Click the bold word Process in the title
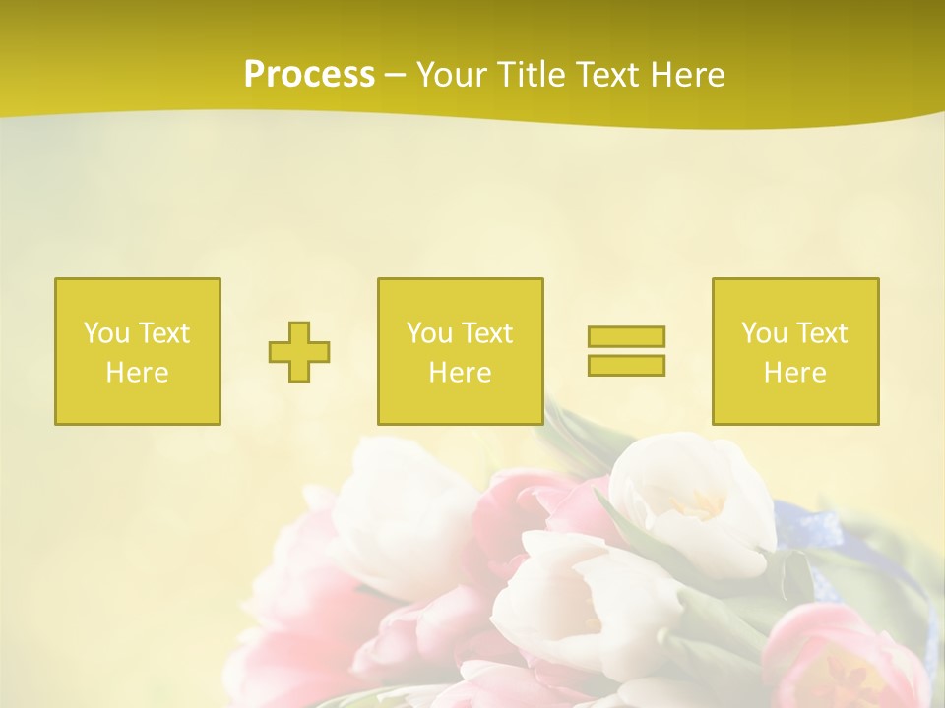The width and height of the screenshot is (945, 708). tap(309, 75)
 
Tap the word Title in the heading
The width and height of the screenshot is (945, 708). tap(532, 75)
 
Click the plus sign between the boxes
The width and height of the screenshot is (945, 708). tap(299, 352)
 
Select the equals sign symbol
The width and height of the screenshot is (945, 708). tap(626, 351)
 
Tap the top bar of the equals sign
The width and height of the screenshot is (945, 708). tap(626, 337)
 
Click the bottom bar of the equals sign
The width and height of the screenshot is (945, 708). tap(626, 365)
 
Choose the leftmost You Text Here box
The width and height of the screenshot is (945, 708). tap(138, 351)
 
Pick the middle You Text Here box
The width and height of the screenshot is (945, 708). tap(460, 351)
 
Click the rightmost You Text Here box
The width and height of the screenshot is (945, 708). tap(795, 351)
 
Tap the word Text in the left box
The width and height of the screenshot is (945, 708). tap(164, 333)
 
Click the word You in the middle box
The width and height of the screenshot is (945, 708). tap(428, 333)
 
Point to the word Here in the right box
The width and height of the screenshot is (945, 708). tap(795, 373)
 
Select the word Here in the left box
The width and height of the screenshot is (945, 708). tap(138, 373)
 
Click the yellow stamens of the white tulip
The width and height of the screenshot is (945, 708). tap(697, 503)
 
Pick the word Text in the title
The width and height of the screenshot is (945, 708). tap(607, 75)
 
